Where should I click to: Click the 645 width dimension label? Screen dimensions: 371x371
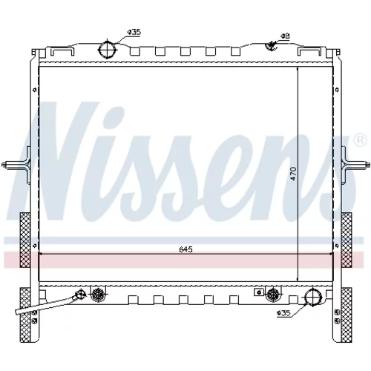pyautogui.click(x=185, y=249)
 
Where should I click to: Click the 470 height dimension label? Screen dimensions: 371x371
pyautogui.click(x=293, y=174)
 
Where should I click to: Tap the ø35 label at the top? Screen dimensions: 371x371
pyautogui.click(x=134, y=32)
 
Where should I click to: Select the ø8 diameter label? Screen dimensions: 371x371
pyautogui.click(x=285, y=36)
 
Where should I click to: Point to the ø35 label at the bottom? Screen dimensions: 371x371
pyautogui.click(x=283, y=313)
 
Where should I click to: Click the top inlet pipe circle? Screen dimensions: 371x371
pyautogui.click(x=108, y=49)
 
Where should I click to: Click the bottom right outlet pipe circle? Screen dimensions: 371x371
pyautogui.click(x=313, y=297)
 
